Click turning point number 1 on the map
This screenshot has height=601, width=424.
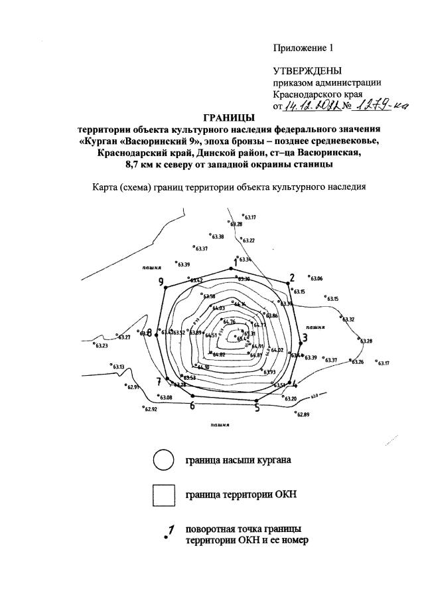point(233,268)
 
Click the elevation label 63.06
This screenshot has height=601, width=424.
point(316,278)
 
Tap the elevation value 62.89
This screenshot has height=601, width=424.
point(303,414)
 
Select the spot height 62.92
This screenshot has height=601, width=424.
point(151,409)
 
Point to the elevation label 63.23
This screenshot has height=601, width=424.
point(102,345)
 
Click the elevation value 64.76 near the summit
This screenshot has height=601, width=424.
point(230,322)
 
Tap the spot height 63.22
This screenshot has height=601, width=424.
point(248,240)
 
